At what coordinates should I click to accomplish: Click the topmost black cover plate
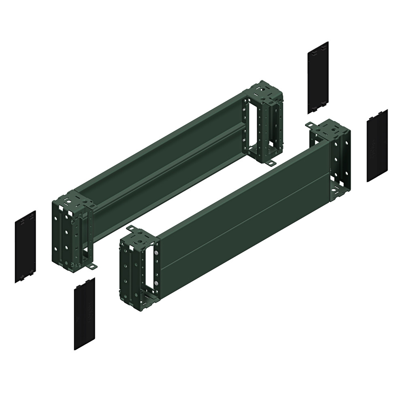click(x=318, y=77)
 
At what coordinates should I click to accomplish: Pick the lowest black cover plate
click(x=84, y=313)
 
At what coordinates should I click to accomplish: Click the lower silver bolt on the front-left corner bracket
click(x=155, y=283)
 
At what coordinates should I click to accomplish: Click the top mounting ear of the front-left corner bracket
click(x=131, y=229)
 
